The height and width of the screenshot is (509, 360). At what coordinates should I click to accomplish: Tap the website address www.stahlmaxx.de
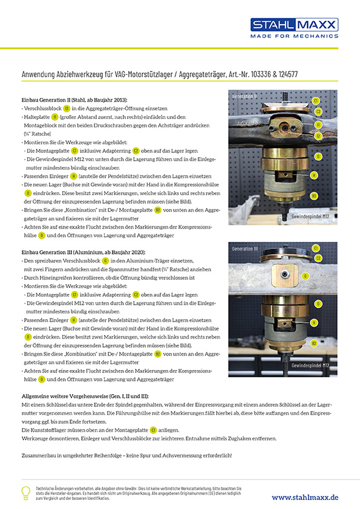point(305,496)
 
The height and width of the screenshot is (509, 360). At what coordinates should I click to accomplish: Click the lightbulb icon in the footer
point(25,492)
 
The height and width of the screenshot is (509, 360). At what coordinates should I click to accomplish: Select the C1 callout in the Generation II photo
point(316,100)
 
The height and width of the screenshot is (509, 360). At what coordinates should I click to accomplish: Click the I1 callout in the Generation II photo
point(318,125)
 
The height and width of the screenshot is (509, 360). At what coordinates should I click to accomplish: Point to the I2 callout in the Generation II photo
point(318,136)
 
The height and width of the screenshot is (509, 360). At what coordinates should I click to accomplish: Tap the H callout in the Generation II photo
point(314,175)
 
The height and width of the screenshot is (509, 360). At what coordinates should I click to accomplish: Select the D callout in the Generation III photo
point(318,303)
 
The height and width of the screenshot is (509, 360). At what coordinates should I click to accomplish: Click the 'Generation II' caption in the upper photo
point(244,96)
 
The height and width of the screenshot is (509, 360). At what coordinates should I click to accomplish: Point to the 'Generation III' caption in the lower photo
point(246,248)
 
